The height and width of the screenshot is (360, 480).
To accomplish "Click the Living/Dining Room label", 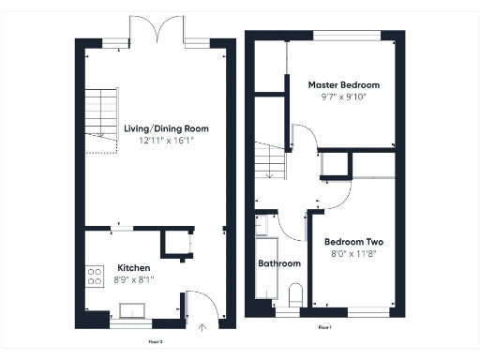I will point(166,128).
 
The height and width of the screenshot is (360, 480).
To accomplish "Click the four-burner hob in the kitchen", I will point(95,276).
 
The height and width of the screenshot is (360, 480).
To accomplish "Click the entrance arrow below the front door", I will point(204,327).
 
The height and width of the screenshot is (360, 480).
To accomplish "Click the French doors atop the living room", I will point(157,38).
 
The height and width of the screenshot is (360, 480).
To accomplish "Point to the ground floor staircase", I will point(99,120).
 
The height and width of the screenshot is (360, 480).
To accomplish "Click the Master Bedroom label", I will point(344,84).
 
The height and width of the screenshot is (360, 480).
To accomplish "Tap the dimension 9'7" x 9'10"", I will point(344,97).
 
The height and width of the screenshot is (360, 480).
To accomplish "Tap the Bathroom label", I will point(279,263).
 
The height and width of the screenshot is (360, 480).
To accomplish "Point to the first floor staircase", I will point(269,160).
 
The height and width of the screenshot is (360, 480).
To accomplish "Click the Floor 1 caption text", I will point(324,326).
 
